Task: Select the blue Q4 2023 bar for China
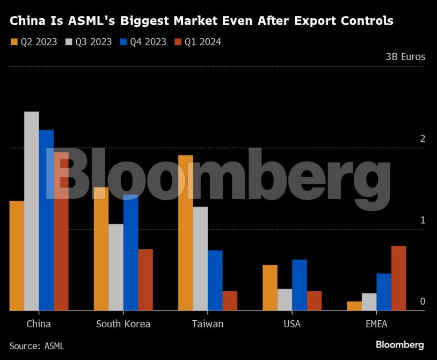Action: [46, 220]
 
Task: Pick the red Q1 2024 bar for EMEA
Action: [398, 278]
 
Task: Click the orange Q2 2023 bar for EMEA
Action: [354, 306]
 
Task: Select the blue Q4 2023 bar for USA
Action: [300, 285]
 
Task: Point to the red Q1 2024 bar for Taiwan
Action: [230, 300]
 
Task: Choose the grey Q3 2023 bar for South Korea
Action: [116, 267]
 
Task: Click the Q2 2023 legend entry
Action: [34, 42]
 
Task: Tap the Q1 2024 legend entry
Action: [197, 42]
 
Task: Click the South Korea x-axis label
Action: [123, 324]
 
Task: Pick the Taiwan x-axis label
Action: [207, 324]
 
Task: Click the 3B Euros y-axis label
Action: [405, 56]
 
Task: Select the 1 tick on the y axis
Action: [423, 220]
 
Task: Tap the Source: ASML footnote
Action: [37, 346]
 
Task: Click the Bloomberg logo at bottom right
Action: [399, 345]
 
